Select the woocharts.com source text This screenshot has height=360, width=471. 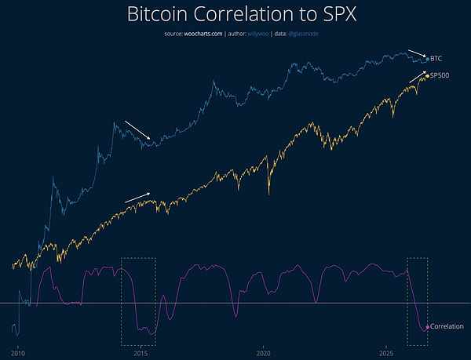[x=203, y=34]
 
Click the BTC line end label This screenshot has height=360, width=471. [x=436, y=59]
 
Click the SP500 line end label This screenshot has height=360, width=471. [x=440, y=75]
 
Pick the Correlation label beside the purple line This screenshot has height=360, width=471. [x=447, y=326]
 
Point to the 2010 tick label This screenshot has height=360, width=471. [x=18, y=354]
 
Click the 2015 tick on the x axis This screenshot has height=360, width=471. [x=141, y=354]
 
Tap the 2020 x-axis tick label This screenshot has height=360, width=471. [x=264, y=354]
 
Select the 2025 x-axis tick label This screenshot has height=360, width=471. [x=386, y=354]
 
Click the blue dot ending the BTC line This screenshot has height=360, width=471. [x=428, y=59]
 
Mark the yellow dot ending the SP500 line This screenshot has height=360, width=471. [x=428, y=76]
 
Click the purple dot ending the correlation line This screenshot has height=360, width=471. [x=428, y=327]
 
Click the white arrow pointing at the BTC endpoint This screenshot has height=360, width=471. [x=417, y=53]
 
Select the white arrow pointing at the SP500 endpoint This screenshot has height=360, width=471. [x=418, y=77]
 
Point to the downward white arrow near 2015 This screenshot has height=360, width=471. [x=137, y=130]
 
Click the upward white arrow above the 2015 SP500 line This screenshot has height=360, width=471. [x=137, y=198]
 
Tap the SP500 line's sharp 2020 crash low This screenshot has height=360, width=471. [x=268, y=194]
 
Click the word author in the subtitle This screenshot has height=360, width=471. [x=236, y=34]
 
